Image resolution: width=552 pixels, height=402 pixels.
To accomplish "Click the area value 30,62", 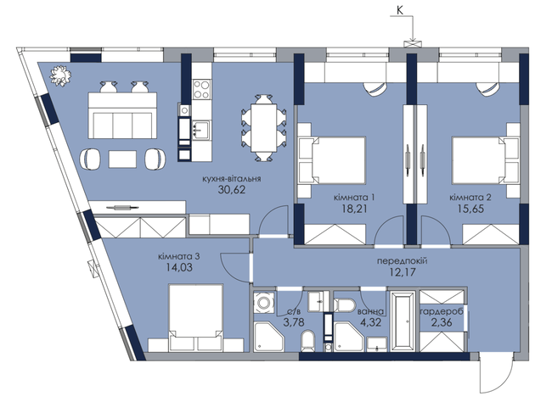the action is click(232, 190).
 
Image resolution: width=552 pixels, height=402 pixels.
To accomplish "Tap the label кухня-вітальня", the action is click(232, 179).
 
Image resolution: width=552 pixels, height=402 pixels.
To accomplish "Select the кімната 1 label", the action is click(354, 198).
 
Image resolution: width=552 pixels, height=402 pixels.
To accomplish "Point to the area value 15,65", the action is click(470, 209).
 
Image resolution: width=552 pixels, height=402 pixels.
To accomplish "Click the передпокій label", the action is click(402, 261).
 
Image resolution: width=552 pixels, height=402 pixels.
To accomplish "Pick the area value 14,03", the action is click(179, 268).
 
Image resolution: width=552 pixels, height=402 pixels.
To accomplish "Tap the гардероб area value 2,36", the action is click(442, 322).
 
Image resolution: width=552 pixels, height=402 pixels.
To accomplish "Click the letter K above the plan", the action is click(400, 10).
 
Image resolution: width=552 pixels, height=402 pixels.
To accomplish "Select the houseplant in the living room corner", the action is click(60, 75).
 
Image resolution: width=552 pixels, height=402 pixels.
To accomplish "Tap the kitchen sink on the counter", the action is click(200, 130).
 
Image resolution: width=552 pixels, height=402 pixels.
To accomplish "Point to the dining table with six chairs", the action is click(263, 128).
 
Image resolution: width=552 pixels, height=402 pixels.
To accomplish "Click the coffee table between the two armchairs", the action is click(122, 159).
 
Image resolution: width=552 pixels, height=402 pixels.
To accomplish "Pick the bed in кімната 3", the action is click(195, 317).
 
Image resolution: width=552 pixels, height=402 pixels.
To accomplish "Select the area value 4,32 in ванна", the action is click(372, 322).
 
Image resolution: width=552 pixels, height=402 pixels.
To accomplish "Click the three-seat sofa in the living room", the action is click(122, 115).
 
